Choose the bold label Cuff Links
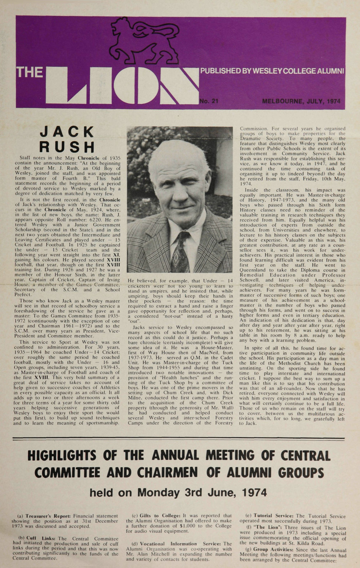point(40,538)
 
